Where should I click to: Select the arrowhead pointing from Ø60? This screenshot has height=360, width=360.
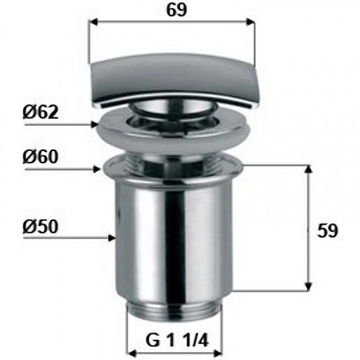(99, 171)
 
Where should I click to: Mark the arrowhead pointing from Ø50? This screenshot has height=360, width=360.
(111, 237)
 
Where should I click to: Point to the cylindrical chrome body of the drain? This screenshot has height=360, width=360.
(173, 238)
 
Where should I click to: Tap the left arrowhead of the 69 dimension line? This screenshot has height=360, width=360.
(91, 22)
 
